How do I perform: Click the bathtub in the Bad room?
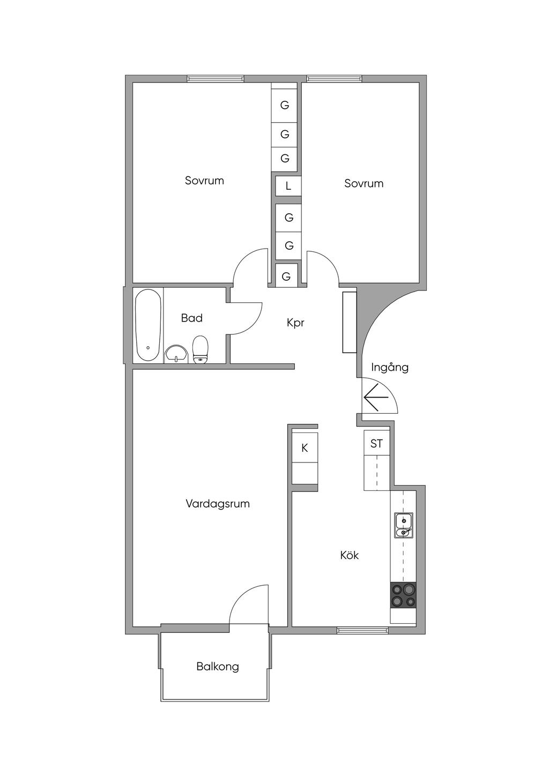[x=148, y=326]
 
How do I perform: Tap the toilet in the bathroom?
[x=200, y=349]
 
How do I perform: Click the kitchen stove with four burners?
[x=403, y=595]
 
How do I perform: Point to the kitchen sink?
[x=403, y=525]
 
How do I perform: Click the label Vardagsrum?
[x=218, y=504]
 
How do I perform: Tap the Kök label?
[x=349, y=555]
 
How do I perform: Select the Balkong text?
[x=218, y=667]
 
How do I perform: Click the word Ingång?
[x=390, y=368]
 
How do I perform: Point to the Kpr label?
[x=295, y=323]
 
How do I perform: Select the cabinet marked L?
[x=288, y=186]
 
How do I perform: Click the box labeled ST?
[x=376, y=444]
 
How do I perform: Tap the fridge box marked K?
[x=305, y=448]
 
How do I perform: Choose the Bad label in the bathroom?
[x=191, y=318]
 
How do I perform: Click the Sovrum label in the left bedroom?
[x=204, y=181]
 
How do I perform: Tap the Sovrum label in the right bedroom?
[x=363, y=183]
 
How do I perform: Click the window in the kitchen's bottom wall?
[x=362, y=630]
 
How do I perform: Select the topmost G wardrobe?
[x=285, y=105]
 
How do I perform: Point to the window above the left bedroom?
[x=216, y=79]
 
